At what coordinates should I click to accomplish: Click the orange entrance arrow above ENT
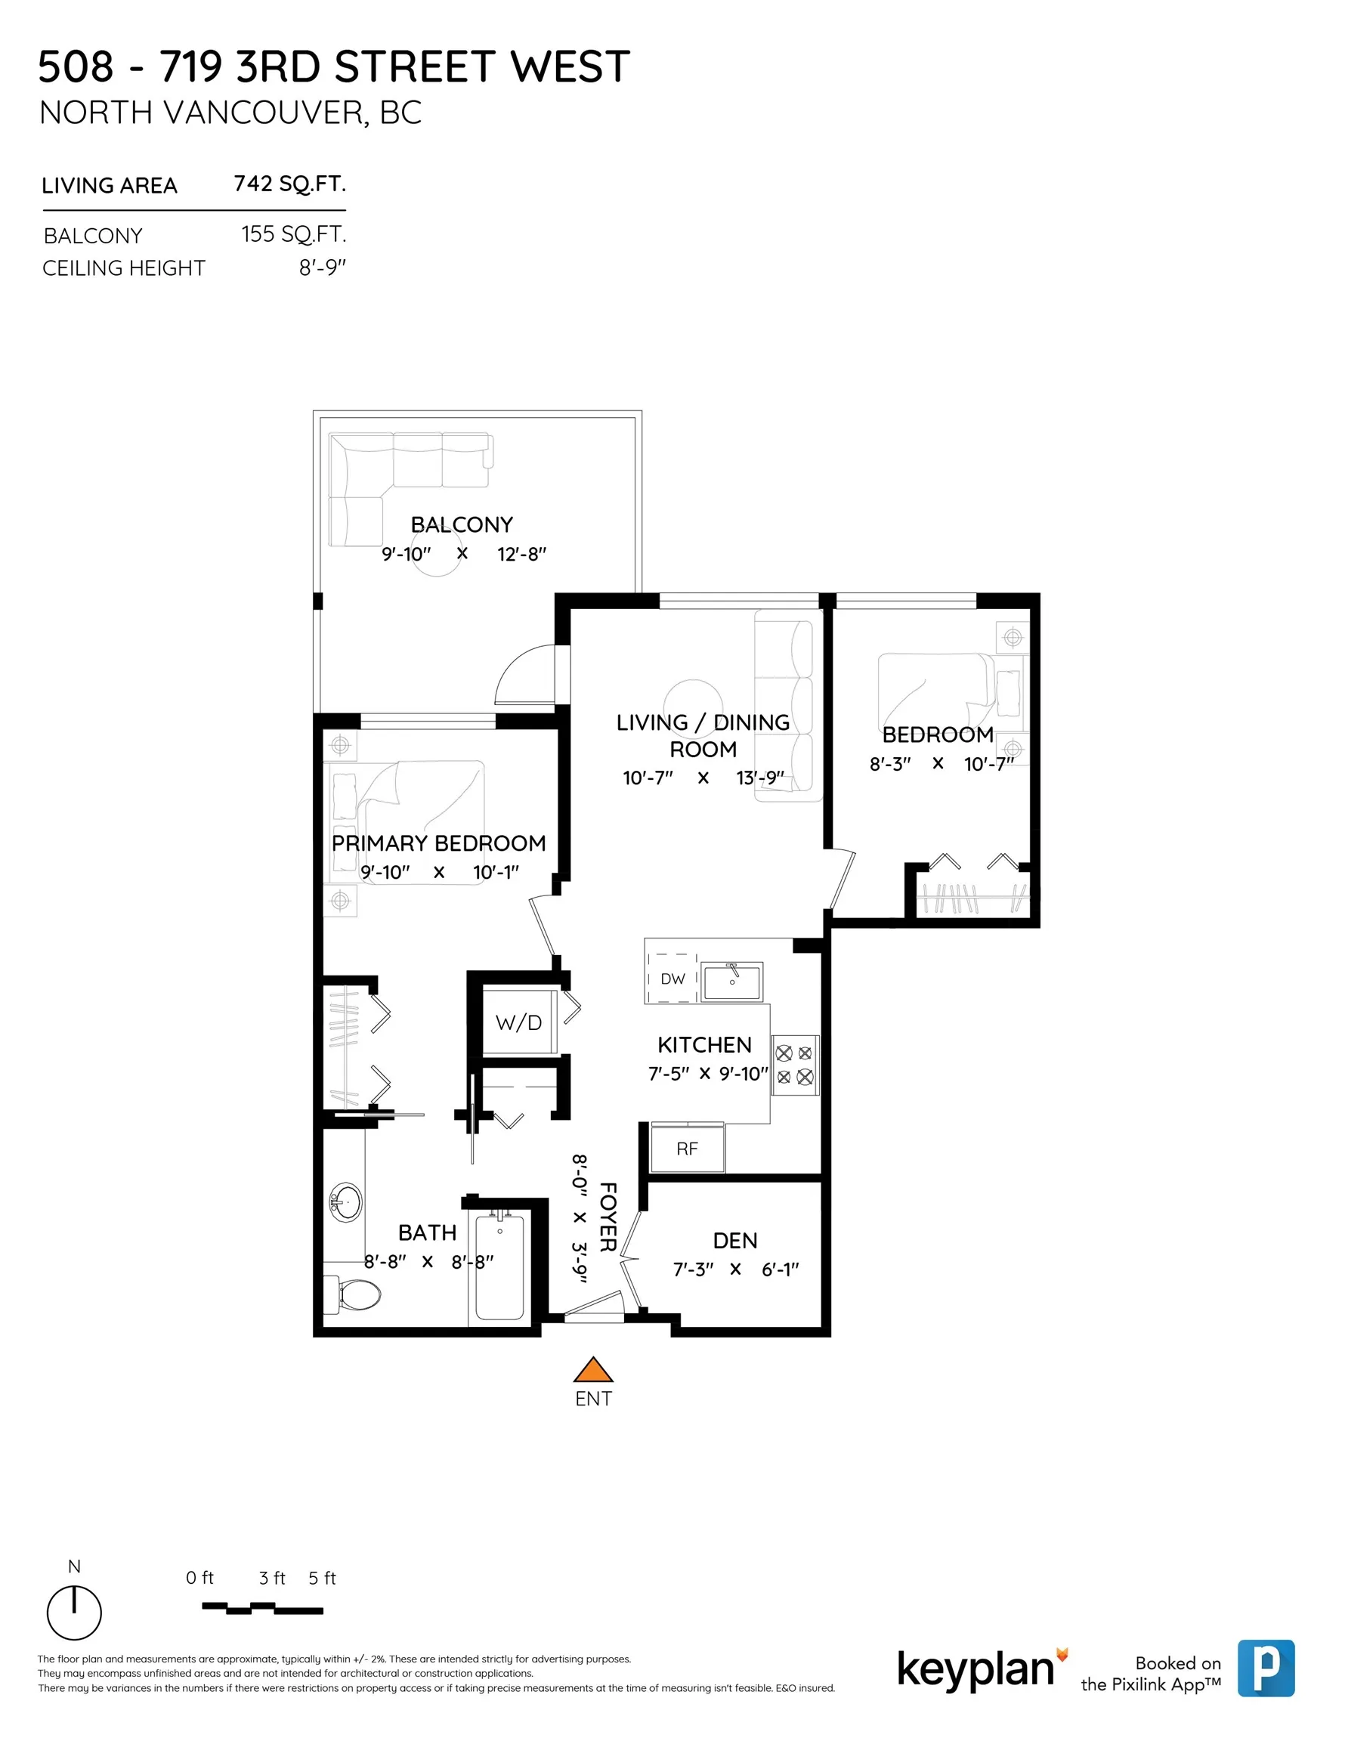click(x=593, y=1370)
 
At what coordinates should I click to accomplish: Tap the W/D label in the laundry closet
click(x=518, y=1022)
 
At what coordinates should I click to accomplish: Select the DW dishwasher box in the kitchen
click(x=672, y=979)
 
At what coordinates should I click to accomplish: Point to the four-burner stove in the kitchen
click(x=794, y=1065)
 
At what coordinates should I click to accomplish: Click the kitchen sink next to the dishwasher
click(x=733, y=982)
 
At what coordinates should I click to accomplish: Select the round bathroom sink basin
click(x=346, y=1201)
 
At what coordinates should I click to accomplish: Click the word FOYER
click(x=608, y=1217)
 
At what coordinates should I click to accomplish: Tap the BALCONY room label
click(x=462, y=524)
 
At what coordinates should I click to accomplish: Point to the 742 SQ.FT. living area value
click(x=289, y=184)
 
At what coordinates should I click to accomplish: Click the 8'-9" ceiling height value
click(x=322, y=267)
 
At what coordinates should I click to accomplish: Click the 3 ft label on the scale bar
click(x=272, y=1579)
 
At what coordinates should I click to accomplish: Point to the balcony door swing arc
click(x=522, y=673)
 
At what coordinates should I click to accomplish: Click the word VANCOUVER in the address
click(x=264, y=113)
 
